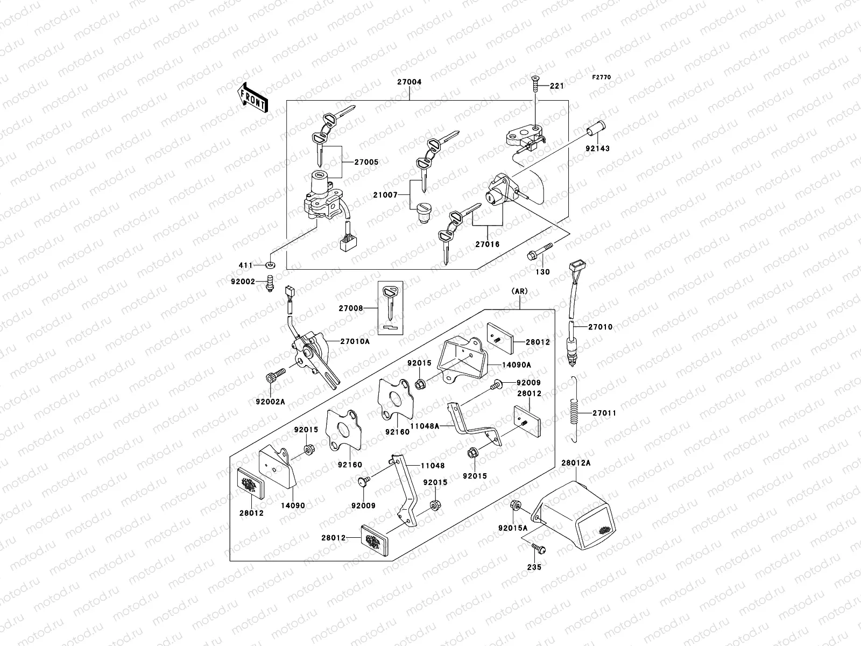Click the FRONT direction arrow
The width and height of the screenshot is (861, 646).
[252, 97]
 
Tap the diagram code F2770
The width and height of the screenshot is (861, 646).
[602, 78]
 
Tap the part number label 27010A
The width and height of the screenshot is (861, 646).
[355, 341]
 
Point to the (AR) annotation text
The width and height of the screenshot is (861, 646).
[520, 291]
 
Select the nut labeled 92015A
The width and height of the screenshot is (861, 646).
[515, 505]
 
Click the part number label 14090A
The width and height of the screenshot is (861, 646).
[517, 364]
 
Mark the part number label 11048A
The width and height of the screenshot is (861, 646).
[425, 425]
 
